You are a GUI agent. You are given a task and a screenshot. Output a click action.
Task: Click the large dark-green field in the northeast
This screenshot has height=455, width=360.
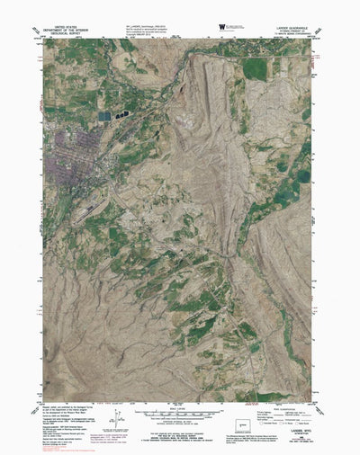click(256, 68)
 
